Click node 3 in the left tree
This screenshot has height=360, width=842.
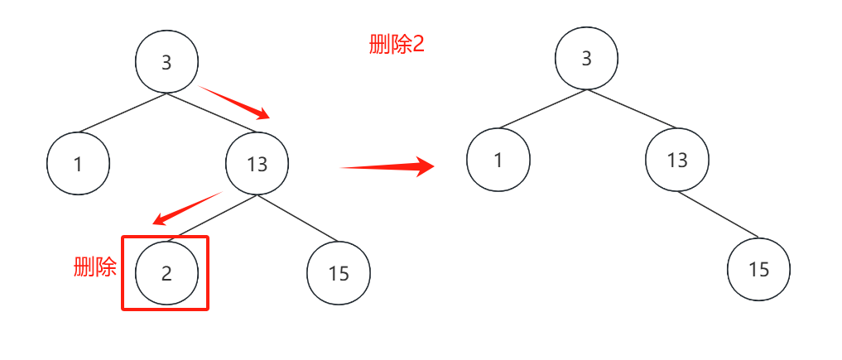coord(166,62)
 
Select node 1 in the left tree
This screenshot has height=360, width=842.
coord(79,163)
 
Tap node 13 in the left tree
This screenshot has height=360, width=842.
coord(257,163)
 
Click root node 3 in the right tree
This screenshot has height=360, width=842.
coord(586,58)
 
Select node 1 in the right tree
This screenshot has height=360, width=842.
coord(498,160)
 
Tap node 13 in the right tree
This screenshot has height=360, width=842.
coord(677,160)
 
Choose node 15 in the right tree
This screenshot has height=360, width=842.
coord(758,269)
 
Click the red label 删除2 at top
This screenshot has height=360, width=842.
coord(397,45)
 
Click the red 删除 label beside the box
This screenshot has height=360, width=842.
coord(95,266)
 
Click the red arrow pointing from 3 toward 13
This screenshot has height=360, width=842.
coord(234,102)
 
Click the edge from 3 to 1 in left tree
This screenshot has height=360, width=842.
coord(123,113)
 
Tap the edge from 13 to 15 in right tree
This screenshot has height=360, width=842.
coord(718,214)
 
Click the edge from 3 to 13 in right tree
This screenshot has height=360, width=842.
coord(632,109)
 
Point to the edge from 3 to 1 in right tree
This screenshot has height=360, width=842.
coord(542,109)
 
